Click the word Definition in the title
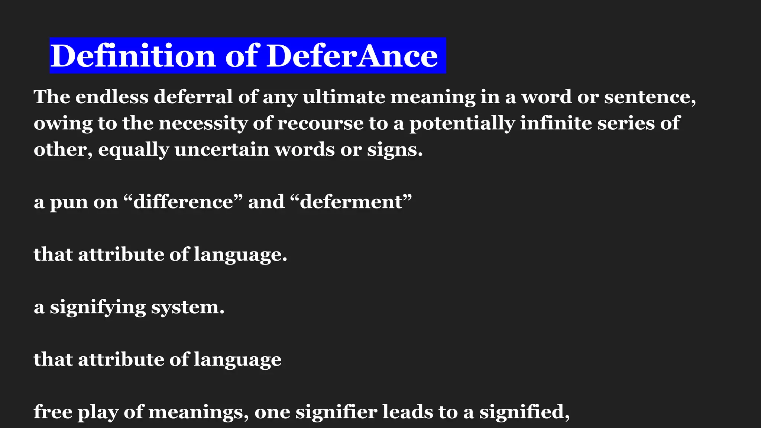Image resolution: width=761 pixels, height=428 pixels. coord(133,56)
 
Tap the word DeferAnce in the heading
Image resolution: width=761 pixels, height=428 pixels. coord(352,56)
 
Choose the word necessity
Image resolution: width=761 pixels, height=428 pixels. coord(203,123)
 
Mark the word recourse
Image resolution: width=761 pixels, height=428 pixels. coord(320,123)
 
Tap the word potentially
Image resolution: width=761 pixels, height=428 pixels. coord(462,123)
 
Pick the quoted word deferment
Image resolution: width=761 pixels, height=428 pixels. coord(351,202)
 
